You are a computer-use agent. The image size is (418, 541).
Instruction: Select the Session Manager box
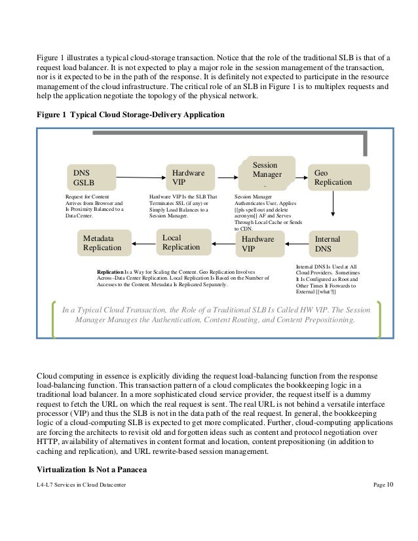(267, 171)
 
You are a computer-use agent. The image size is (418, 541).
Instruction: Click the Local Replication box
(183, 242)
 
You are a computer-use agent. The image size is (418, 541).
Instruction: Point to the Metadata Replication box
(104, 243)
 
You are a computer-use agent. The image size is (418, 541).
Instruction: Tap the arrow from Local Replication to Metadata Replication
(143, 243)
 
